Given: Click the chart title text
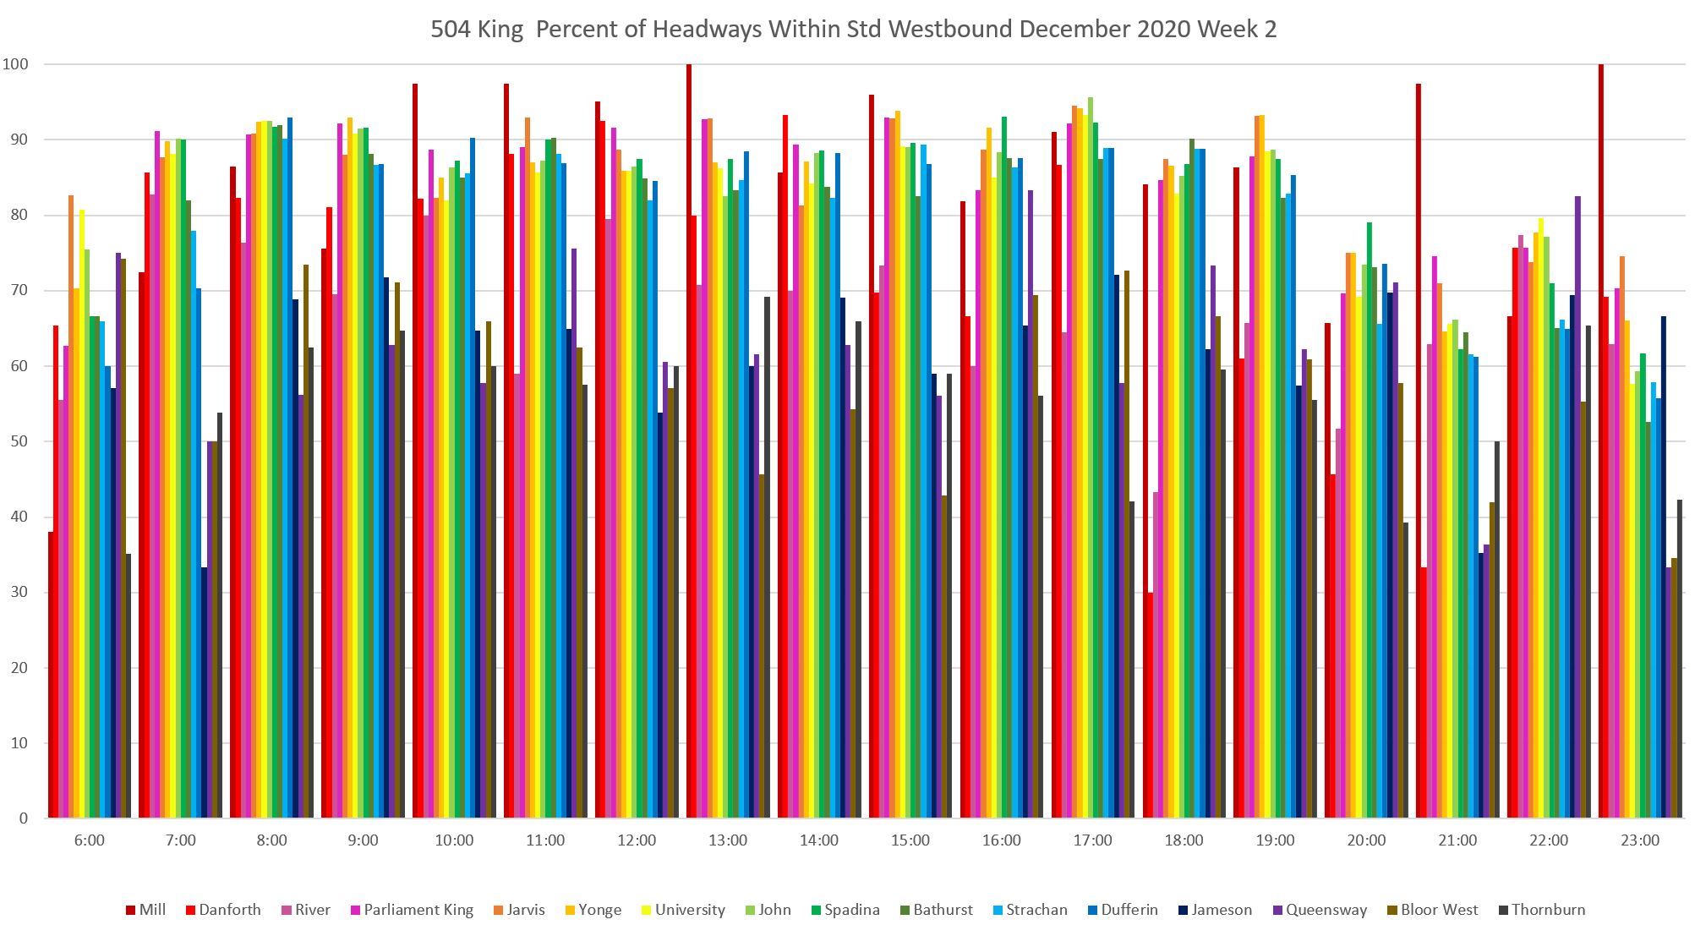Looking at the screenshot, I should [853, 30].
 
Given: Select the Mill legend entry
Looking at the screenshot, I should [147, 910].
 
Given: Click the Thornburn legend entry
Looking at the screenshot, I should [1548, 910].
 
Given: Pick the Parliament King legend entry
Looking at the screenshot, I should [418, 910].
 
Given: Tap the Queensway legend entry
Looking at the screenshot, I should [1326, 910].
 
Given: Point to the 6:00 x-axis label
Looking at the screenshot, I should [90, 840].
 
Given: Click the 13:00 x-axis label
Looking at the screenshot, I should [728, 840].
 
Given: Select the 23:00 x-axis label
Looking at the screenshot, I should [1640, 840].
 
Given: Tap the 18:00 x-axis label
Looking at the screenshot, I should [1184, 840].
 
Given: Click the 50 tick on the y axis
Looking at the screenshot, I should [19, 441].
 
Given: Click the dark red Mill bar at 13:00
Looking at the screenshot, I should [689, 440].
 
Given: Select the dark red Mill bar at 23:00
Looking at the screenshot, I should [1601, 440].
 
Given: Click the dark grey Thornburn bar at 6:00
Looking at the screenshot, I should [128, 685].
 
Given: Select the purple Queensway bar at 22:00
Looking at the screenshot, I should [1577, 507].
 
